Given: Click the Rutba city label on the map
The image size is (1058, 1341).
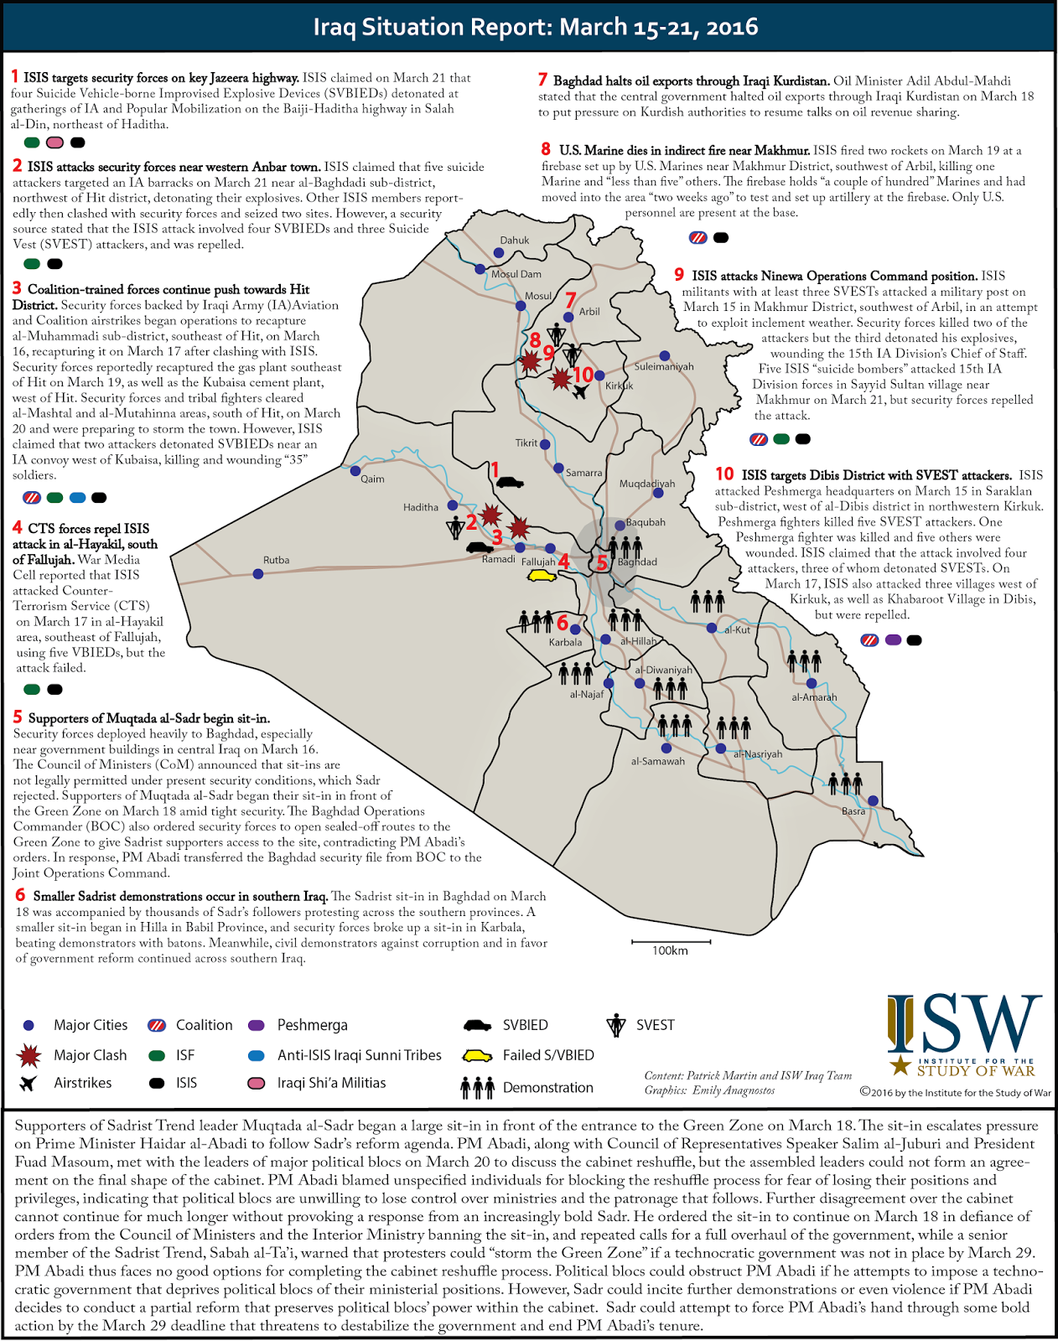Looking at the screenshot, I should [276, 560].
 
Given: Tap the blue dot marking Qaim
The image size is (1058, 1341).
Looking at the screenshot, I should [355, 471].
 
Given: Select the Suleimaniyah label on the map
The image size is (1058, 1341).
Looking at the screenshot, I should [664, 367].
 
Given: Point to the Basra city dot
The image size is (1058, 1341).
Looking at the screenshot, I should [873, 801].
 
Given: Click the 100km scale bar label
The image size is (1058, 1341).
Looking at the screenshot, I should [670, 950].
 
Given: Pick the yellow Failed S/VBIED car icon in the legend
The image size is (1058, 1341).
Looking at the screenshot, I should [478, 1055].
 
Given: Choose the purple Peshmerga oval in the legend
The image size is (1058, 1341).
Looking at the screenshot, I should [257, 1026].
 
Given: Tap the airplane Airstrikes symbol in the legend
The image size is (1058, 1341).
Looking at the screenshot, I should [29, 1083].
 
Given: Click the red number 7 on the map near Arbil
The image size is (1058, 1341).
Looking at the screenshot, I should [571, 300].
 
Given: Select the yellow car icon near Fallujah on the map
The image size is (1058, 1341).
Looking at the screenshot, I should [542, 576].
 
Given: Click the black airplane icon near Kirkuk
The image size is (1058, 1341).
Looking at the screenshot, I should [581, 392].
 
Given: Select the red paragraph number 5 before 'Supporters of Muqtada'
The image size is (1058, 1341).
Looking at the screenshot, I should [18, 717].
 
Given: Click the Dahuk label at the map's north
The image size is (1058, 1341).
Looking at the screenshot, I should [515, 241].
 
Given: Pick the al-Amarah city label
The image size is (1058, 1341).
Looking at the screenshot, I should [814, 697].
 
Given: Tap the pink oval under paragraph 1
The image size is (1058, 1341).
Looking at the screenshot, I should [55, 143].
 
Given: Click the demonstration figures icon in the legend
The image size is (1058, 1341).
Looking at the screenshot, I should [478, 1088].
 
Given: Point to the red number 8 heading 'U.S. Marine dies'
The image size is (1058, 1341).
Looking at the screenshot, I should [546, 149].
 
